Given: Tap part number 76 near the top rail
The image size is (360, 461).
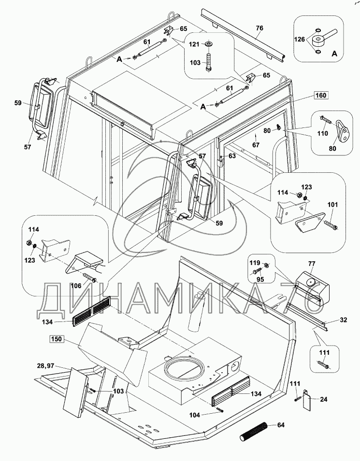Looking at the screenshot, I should tap(259, 28).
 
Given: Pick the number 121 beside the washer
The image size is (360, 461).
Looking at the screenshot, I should tap(194, 44).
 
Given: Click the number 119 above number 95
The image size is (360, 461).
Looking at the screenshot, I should tap(254, 264).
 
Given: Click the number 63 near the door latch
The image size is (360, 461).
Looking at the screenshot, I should tap(232, 156).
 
